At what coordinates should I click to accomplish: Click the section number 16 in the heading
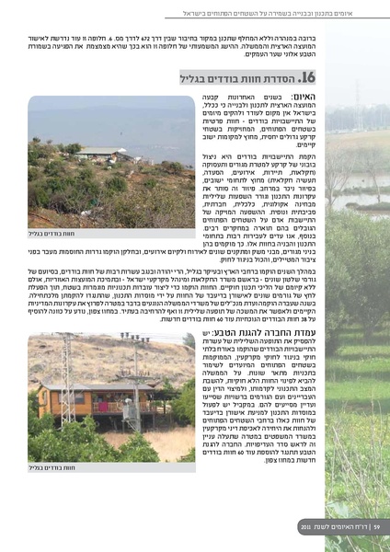[308, 78]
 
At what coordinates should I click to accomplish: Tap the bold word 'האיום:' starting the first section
[303, 98]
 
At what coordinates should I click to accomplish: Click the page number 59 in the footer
[361, 526]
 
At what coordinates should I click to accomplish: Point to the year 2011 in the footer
[305, 526]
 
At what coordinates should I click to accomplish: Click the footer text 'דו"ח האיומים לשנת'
[333, 526]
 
